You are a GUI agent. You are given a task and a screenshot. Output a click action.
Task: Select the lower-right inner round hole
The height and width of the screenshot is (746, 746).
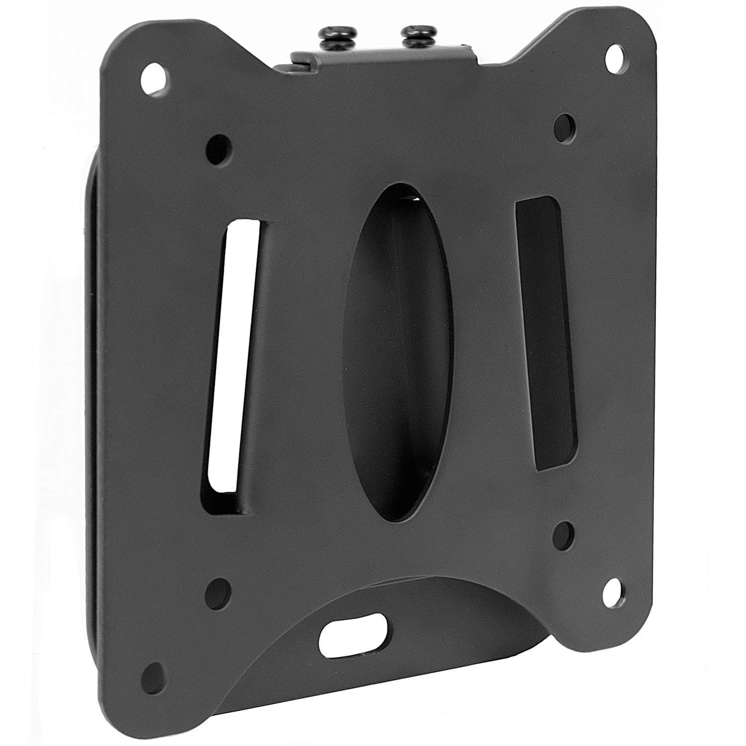565,531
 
